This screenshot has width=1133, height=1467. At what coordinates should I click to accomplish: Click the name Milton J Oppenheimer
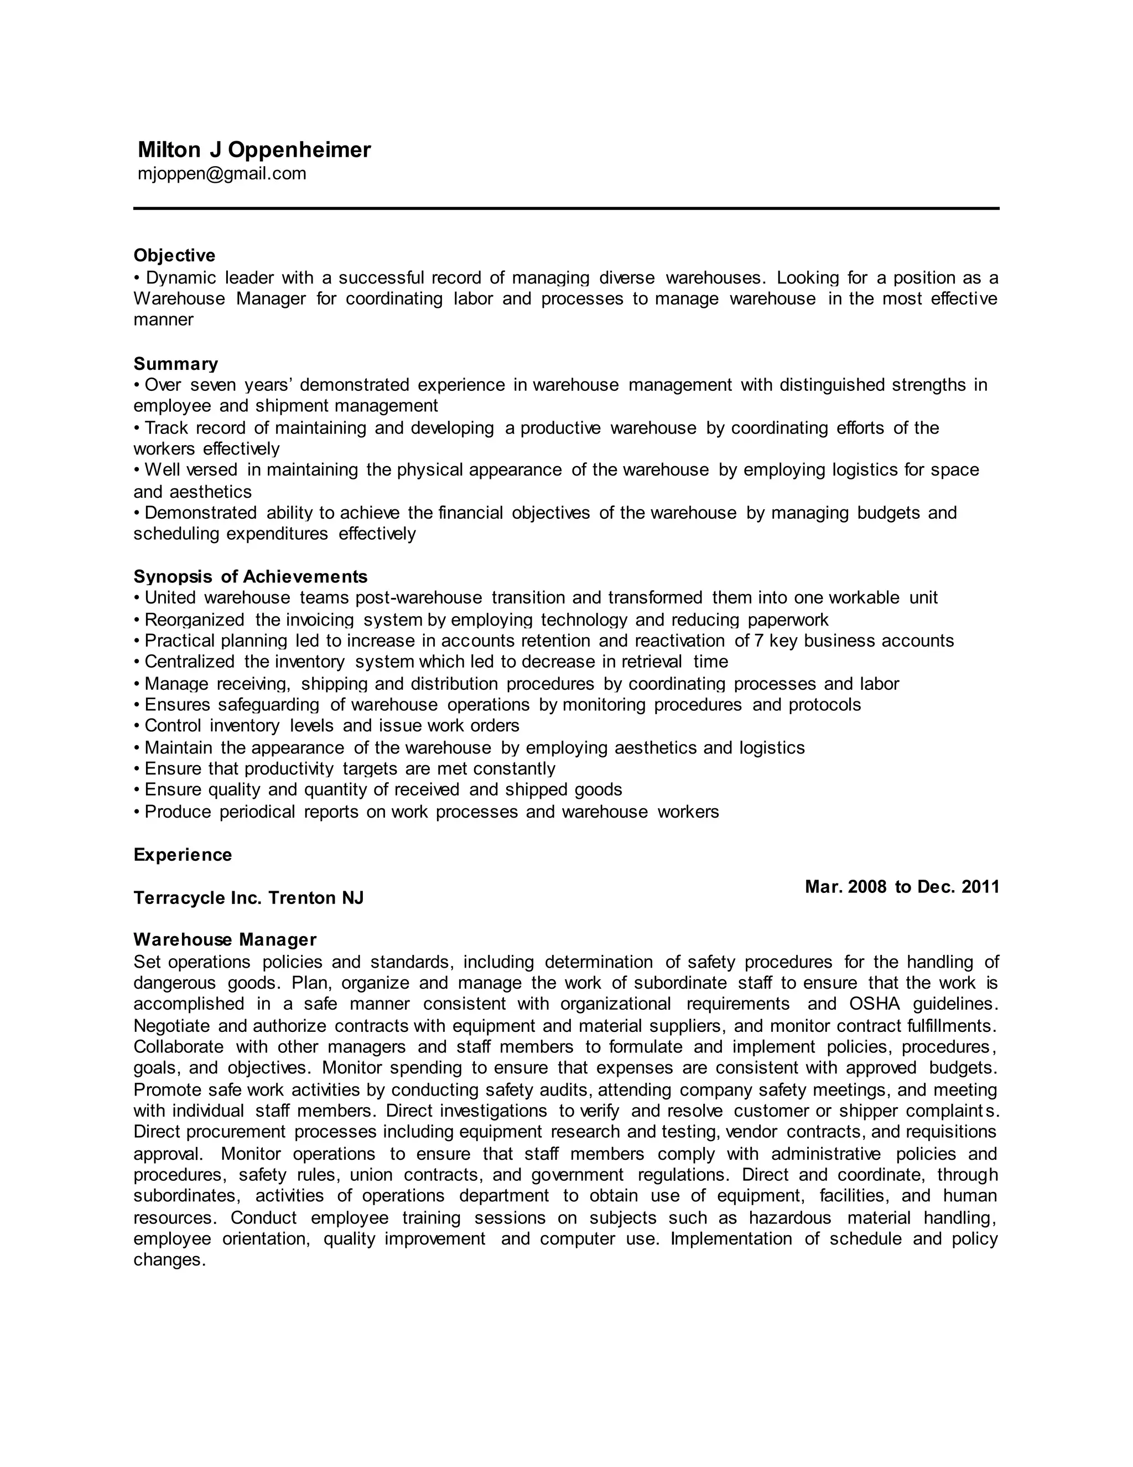pyautogui.click(x=254, y=150)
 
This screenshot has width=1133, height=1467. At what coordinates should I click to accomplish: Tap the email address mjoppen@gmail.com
pyautogui.click(x=221, y=174)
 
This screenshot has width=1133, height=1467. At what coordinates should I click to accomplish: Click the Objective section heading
pyautogui.click(x=174, y=255)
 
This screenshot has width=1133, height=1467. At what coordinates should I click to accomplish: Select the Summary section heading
pyautogui.click(x=176, y=364)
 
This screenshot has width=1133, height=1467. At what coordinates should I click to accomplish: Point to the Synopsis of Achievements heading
pyautogui.click(x=251, y=576)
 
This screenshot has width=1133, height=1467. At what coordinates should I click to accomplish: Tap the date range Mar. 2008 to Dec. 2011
pyautogui.click(x=901, y=887)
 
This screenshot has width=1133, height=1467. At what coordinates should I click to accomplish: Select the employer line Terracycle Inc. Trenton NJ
pyautogui.click(x=248, y=898)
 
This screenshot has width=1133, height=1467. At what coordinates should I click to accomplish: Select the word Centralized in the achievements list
pyautogui.click(x=189, y=662)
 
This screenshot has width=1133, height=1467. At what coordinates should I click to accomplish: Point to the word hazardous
pyautogui.click(x=790, y=1218)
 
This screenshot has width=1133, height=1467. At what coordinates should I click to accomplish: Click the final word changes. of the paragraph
pyautogui.click(x=169, y=1259)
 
